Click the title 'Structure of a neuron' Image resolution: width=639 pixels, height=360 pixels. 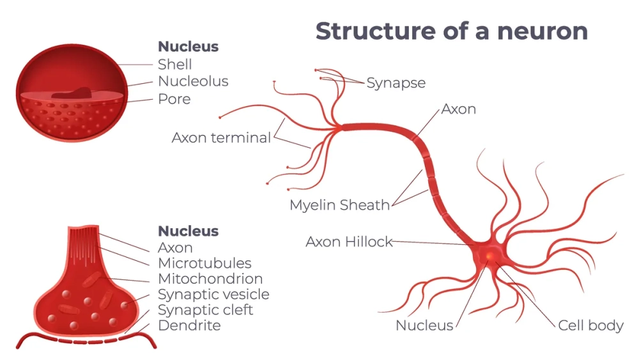tap(451, 31)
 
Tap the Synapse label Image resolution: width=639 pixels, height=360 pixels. tap(396, 83)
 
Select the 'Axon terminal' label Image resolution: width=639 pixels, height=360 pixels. tap(221, 138)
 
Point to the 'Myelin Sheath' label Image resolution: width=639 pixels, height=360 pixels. tap(339, 205)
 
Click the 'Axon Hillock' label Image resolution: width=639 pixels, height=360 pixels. tap(349, 242)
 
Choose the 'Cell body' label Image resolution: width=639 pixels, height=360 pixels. tap(590, 325)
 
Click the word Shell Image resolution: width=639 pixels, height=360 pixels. tap(174, 65)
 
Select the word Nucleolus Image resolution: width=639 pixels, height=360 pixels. tap(193, 82)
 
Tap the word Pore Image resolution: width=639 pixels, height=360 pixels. tap(174, 99)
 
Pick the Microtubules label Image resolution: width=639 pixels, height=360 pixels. tap(204, 263)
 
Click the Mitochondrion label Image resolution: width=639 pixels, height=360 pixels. tap(210, 279)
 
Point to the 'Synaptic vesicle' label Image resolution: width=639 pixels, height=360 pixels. tap(213, 295)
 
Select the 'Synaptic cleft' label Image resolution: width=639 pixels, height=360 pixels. tap(205, 310)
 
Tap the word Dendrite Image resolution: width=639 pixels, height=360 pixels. tap(189, 325)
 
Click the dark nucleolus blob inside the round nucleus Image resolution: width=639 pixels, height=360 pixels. tap(72, 93)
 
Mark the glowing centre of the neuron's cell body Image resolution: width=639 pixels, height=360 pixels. tap(489, 256)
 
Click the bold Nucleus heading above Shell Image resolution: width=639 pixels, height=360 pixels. tap(188, 47)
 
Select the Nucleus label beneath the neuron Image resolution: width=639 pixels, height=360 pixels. tap(424, 325)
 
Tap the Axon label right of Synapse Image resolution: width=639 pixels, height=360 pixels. tap(459, 109)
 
